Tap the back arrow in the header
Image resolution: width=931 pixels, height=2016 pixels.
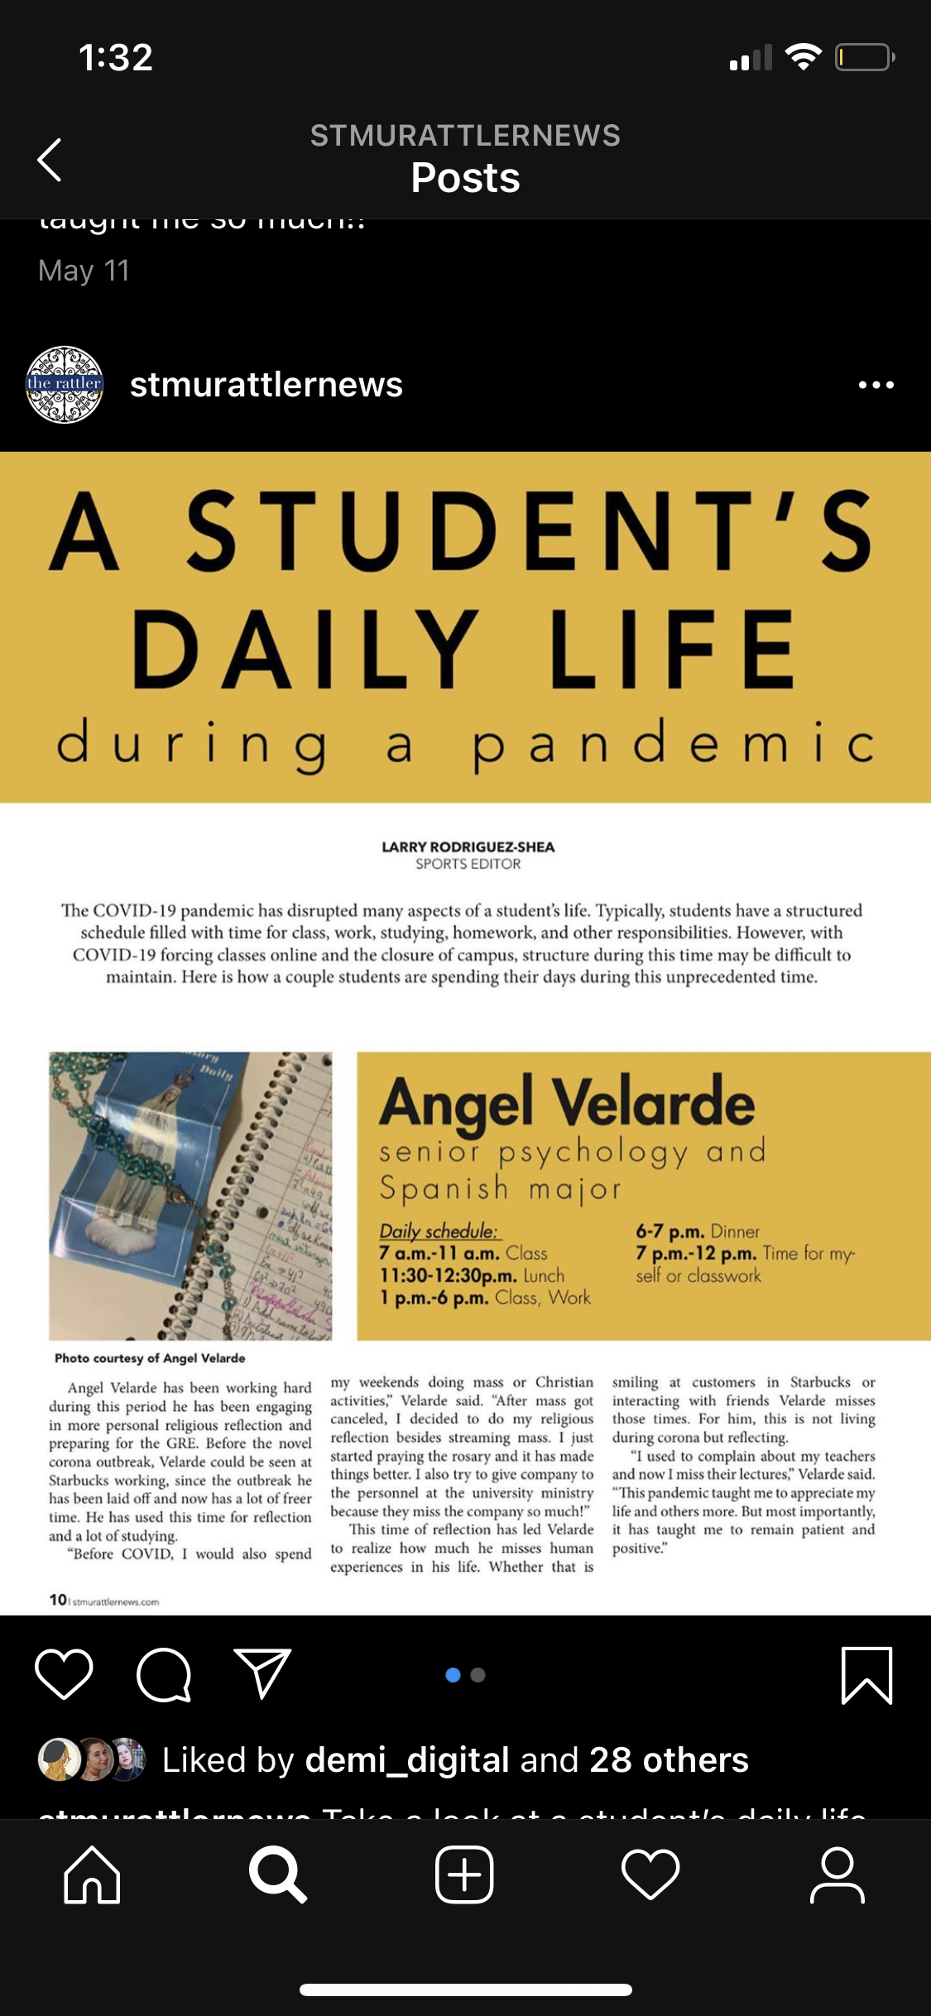coord(50,159)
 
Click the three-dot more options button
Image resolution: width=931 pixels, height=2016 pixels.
coord(876,385)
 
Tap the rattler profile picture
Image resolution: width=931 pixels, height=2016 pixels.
coord(65,385)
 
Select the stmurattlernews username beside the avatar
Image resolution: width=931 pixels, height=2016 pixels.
coord(266,385)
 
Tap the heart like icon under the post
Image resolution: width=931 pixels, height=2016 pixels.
coord(64,1673)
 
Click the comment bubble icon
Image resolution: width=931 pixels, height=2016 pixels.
coord(164,1674)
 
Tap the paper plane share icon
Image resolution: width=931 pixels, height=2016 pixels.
coord(263,1673)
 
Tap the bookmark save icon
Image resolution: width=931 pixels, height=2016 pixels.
coord(866,1674)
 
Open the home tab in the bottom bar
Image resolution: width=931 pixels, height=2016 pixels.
coord(92,1874)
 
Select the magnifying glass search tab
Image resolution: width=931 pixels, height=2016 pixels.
coord(278,1874)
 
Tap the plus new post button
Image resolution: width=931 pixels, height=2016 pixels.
coord(464,1874)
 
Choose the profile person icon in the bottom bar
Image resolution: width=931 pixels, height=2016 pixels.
coord(837,1874)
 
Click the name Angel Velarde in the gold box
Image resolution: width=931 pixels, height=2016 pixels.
coord(567,1103)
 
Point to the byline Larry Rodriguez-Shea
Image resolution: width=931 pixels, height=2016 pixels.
coord(468,847)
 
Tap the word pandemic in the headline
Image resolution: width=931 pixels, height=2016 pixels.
coord(674,742)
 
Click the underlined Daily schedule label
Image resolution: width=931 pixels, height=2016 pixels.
coord(439,1231)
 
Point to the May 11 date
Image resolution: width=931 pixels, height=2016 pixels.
coord(84,271)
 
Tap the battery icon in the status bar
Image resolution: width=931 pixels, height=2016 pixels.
coord(864,57)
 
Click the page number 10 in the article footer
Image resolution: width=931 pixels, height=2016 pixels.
coord(58,1600)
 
